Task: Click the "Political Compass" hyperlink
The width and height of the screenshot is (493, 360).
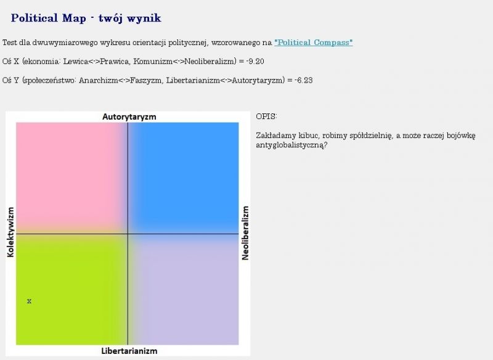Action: (x=314, y=43)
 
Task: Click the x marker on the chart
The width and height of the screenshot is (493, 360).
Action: (x=29, y=301)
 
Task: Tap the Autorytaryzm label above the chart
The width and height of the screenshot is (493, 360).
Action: (x=129, y=117)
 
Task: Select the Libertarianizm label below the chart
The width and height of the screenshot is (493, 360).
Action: (x=129, y=351)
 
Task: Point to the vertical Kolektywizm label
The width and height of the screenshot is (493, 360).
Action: (x=10, y=232)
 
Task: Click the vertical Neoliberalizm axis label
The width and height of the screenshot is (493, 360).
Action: (x=245, y=233)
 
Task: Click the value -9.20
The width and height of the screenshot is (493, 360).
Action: (x=255, y=61)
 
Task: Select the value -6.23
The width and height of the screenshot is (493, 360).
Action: (x=304, y=80)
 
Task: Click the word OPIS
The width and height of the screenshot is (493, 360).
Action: (x=266, y=117)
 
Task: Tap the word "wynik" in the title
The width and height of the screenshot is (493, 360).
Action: (x=145, y=18)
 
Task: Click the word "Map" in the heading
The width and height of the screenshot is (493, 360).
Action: (x=74, y=18)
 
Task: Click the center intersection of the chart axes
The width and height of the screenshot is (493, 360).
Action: (x=128, y=234)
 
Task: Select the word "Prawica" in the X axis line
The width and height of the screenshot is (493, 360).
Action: (x=115, y=61)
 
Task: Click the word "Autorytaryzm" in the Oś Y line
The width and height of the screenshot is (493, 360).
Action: (x=258, y=80)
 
